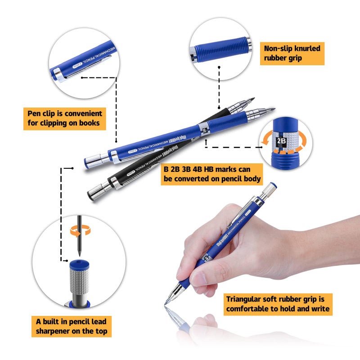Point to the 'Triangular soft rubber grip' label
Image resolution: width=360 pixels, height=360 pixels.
click(278, 304)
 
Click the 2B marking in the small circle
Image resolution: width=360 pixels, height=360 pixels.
click(281, 140)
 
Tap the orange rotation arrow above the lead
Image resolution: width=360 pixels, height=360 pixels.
click(80, 231)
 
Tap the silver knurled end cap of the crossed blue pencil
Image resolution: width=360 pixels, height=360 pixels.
click(93, 160)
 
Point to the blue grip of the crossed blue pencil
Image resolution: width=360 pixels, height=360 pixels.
click(234, 121)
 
